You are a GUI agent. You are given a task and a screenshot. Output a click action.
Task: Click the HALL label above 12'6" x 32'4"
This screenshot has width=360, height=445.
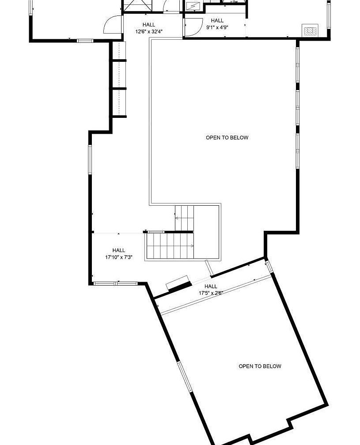point(149,25)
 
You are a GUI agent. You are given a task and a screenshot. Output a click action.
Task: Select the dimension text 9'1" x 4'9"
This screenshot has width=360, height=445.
point(217,27)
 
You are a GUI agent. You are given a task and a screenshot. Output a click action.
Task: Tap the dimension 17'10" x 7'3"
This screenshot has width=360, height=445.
point(119,257)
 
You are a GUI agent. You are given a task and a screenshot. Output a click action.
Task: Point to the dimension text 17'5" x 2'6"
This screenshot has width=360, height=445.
point(211,293)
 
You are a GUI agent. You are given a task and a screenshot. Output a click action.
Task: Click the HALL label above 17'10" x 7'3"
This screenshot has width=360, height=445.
point(119,250)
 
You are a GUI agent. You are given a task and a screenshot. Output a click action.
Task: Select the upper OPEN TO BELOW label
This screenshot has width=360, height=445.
point(227,138)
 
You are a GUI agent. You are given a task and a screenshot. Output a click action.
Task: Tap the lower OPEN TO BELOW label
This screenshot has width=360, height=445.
point(260,366)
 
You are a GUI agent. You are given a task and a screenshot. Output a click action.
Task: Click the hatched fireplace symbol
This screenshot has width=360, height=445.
point(310,30)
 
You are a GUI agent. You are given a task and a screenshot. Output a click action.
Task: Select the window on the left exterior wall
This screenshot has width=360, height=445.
point(90,159)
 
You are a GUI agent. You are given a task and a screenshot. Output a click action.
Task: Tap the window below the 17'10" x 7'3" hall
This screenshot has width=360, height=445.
point(116,283)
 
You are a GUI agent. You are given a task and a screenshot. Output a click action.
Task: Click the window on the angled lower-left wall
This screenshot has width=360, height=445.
point(185,377)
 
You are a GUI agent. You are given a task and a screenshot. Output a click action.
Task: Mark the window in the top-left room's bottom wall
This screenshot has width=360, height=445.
point(85,41)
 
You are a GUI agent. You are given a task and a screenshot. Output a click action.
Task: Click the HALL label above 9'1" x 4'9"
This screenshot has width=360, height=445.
point(217,20)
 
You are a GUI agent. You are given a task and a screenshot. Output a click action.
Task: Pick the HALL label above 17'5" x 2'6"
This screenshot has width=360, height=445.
point(211,286)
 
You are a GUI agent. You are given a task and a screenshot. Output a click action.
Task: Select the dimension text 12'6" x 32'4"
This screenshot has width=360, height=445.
point(149,31)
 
